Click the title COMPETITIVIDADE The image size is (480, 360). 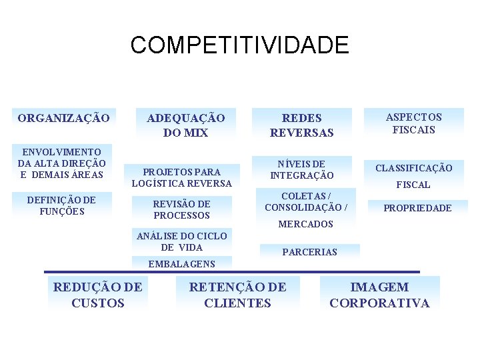pyautogui.click(x=239, y=45)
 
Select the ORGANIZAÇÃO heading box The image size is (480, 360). pyautogui.click(x=63, y=118)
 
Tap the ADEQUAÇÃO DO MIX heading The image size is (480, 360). pyautogui.click(x=185, y=125)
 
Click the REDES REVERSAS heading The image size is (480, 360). pyautogui.click(x=301, y=125)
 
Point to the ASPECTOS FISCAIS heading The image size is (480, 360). pyautogui.click(x=413, y=123)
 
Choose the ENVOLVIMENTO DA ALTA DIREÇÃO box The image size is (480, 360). pyautogui.click(x=61, y=163)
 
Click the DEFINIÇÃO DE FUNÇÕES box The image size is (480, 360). pyautogui.click(x=61, y=205)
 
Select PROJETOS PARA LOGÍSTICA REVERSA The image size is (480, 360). pyautogui.click(x=182, y=177)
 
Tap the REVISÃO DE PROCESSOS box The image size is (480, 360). pyautogui.click(x=182, y=209)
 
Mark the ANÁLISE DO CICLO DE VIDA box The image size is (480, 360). pyautogui.click(x=182, y=241)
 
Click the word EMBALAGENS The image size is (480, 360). pyautogui.click(x=182, y=263)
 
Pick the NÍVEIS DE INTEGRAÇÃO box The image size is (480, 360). pyautogui.click(x=301, y=169)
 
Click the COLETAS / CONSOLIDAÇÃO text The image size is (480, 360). pyautogui.click(x=306, y=201)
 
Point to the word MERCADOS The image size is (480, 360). pyautogui.click(x=305, y=224)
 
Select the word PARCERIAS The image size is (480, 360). pyautogui.click(x=310, y=252)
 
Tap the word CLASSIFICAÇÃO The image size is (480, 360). pyautogui.click(x=413, y=168)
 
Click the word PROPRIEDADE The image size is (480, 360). pyautogui.click(x=417, y=208)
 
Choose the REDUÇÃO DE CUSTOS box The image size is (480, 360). pyautogui.click(x=97, y=295)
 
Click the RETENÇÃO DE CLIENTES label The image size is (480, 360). pyautogui.click(x=238, y=295)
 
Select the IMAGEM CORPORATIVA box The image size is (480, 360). pyautogui.click(x=379, y=295)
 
